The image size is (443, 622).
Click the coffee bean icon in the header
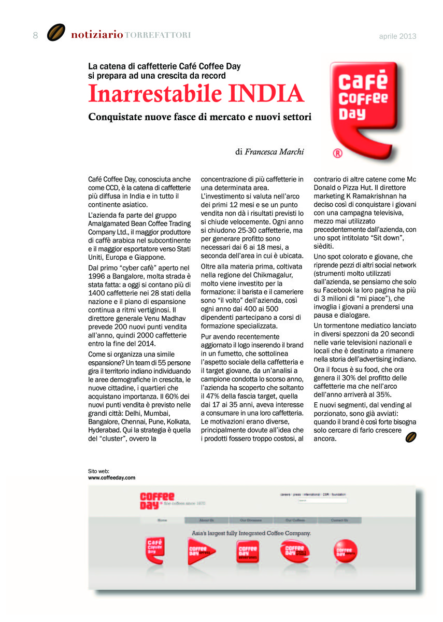click(x=56, y=33)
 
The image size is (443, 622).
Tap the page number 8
click(x=35, y=35)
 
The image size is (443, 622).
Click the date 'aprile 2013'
click(x=397, y=36)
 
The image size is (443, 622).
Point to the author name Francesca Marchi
click(x=274, y=152)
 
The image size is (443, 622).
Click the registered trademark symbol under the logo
click(x=336, y=153)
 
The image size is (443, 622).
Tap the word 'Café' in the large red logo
click(x=363, y=83)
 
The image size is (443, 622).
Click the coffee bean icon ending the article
click(x=411, y=437)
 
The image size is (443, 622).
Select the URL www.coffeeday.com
click(x=111, y=477)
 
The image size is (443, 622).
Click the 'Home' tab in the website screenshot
click(x=163, y=520)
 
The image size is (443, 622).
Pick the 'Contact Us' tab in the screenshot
click(x=339, y=520)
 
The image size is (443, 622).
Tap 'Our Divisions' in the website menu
click(x=251, y=520)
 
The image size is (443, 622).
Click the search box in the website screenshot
click(x=322, y=500)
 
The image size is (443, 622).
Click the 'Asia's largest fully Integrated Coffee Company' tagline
click(x=251, y=533)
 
